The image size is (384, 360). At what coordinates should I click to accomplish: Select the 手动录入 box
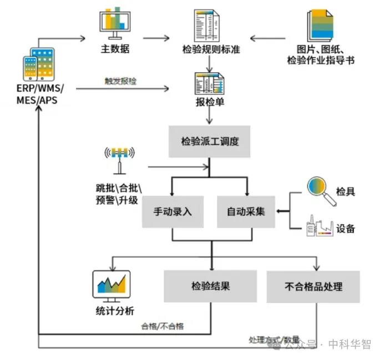point(171,212)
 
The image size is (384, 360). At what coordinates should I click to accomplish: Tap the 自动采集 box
point(246,212)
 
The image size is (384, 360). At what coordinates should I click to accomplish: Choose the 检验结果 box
point(210,286)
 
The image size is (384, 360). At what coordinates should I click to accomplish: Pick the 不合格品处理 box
point(313,287)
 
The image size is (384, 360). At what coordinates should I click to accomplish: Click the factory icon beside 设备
point(319,227)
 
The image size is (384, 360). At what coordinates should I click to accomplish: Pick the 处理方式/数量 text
point(274,339)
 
